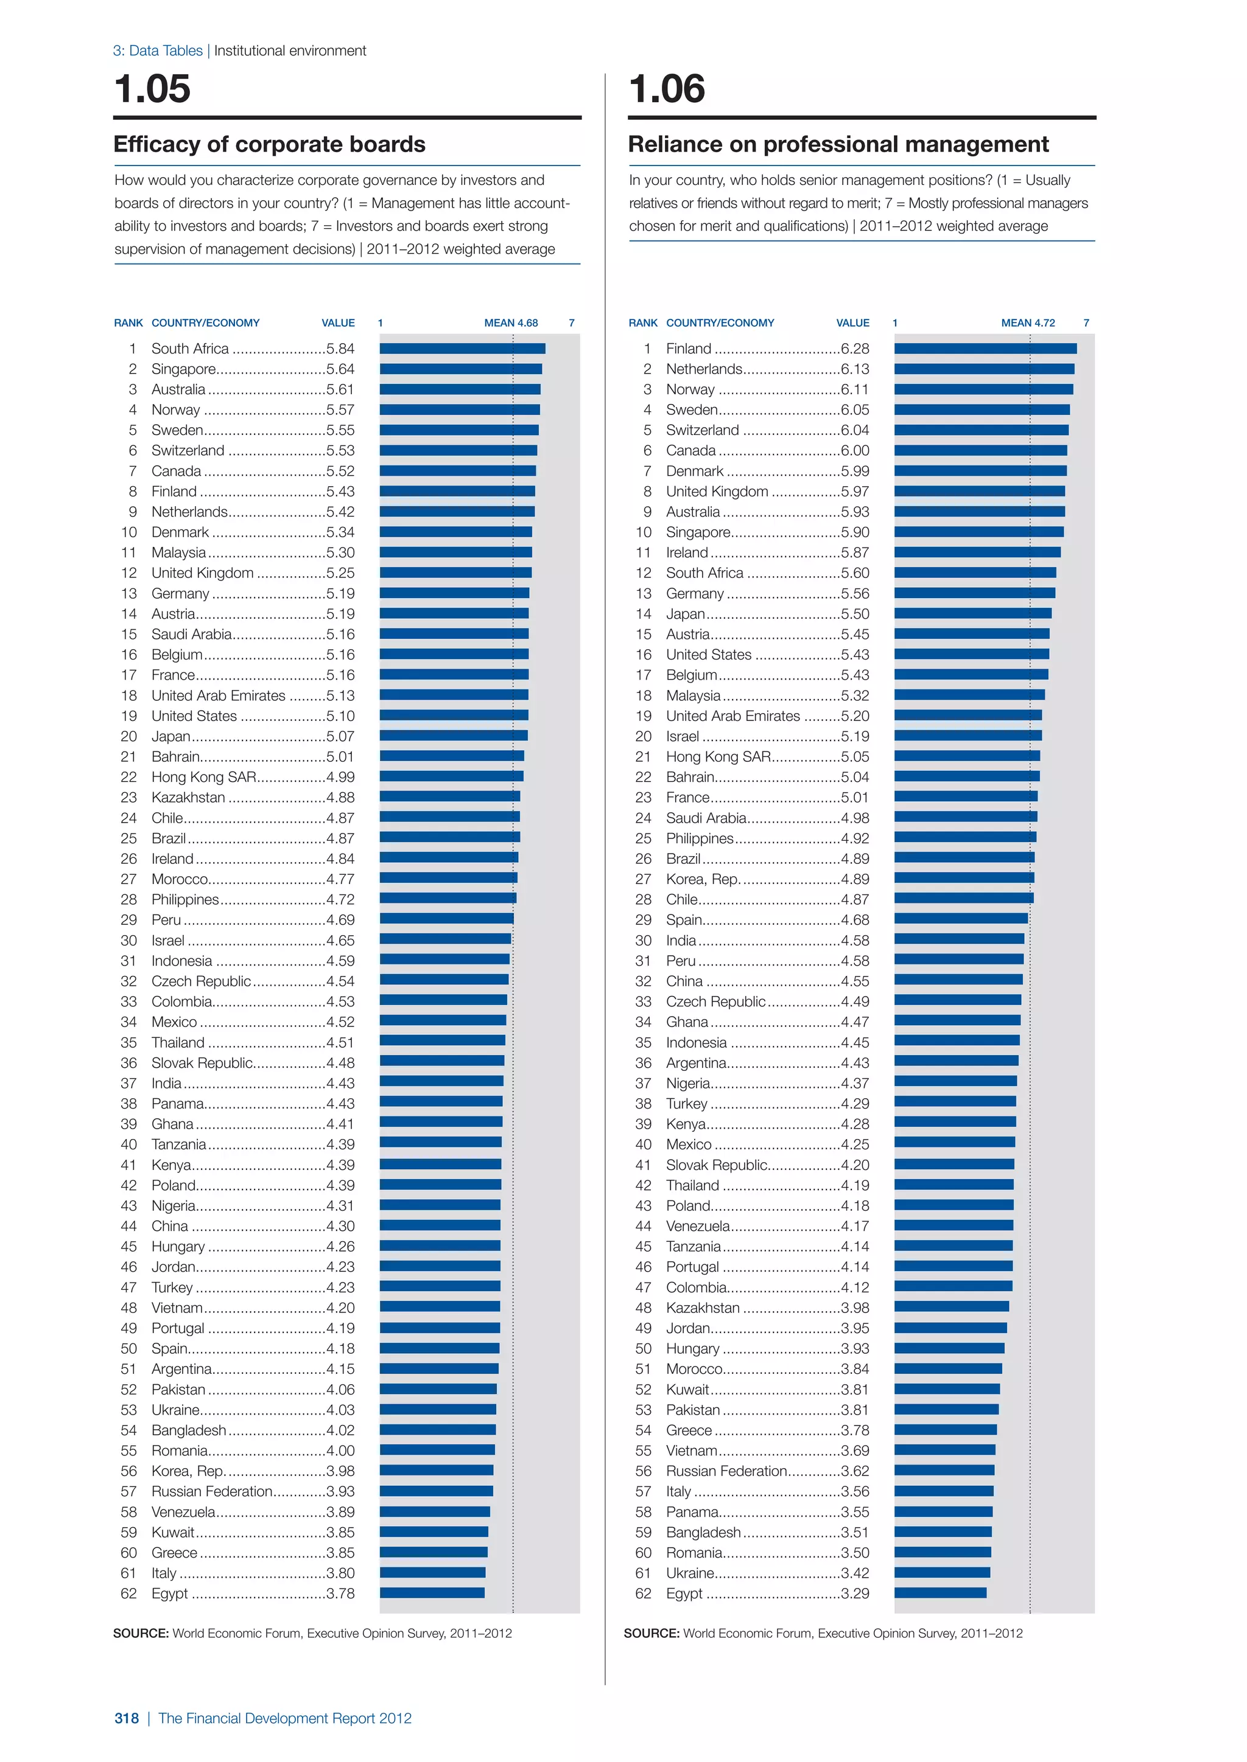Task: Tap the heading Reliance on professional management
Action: pos(838,144)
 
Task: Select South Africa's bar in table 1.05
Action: pos(462,349)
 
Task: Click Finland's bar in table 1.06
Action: pos(985,349)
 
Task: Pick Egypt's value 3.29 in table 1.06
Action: pos(855,1594)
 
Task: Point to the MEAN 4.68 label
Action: pos(511,323)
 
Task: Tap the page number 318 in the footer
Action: pos(127,1718)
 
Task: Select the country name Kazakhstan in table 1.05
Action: pos(188,798)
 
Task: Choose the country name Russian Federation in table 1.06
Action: pos(726,1471)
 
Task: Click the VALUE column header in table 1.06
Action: pos(852,323)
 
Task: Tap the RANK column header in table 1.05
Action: pos(128,323)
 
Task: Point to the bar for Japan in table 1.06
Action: pos(973,613)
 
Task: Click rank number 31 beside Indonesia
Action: pos(128,961)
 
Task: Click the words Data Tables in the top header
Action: pos(165,50)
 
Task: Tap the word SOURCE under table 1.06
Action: pos(651,1633)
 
